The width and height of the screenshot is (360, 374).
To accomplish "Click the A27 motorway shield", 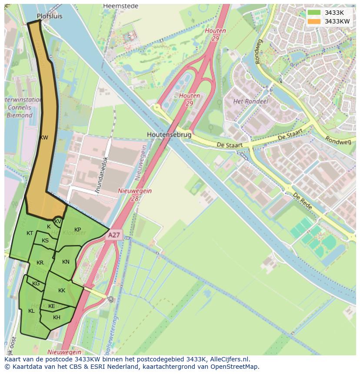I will point(114,235).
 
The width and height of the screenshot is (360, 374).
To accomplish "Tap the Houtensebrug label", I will point(169,135).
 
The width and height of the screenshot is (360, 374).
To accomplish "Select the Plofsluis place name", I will point(50,16).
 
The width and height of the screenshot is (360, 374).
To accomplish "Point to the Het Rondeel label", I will point(251,101).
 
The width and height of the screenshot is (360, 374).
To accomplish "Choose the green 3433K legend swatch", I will point(313,13).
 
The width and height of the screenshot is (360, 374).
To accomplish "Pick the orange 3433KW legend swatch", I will point(313,21).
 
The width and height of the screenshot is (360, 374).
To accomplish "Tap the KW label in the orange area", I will point(43,138).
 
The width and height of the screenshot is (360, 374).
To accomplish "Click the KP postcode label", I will point(77,230).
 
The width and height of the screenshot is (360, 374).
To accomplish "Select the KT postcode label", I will point(30,233).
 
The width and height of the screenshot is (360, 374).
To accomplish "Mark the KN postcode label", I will point(66,262).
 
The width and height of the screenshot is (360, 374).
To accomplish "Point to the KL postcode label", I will point(31,311).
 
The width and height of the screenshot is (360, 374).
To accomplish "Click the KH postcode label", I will point(57,318).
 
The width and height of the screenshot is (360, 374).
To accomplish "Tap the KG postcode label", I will point(36,284).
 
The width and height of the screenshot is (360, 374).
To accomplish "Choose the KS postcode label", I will point(45,241).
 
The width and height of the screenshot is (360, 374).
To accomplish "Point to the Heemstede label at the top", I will point(120,6).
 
